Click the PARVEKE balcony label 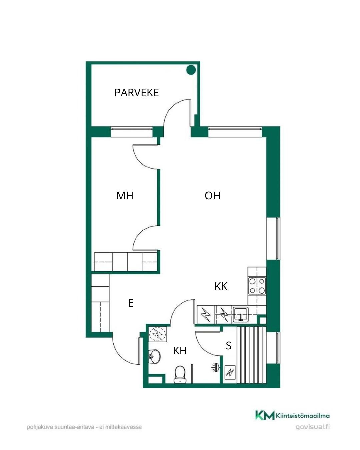point(137,93)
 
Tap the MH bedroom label point(125,196)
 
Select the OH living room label point(212,196)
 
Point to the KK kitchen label point(221,286)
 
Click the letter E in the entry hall point(131,303)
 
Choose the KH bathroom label point(180,351)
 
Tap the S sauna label point(229,346)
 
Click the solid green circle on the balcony point(191,70)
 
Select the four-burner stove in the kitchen point(257,286)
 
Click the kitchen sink point(241,314)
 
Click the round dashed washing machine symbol point(157,334)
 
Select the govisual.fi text point(313,427)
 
